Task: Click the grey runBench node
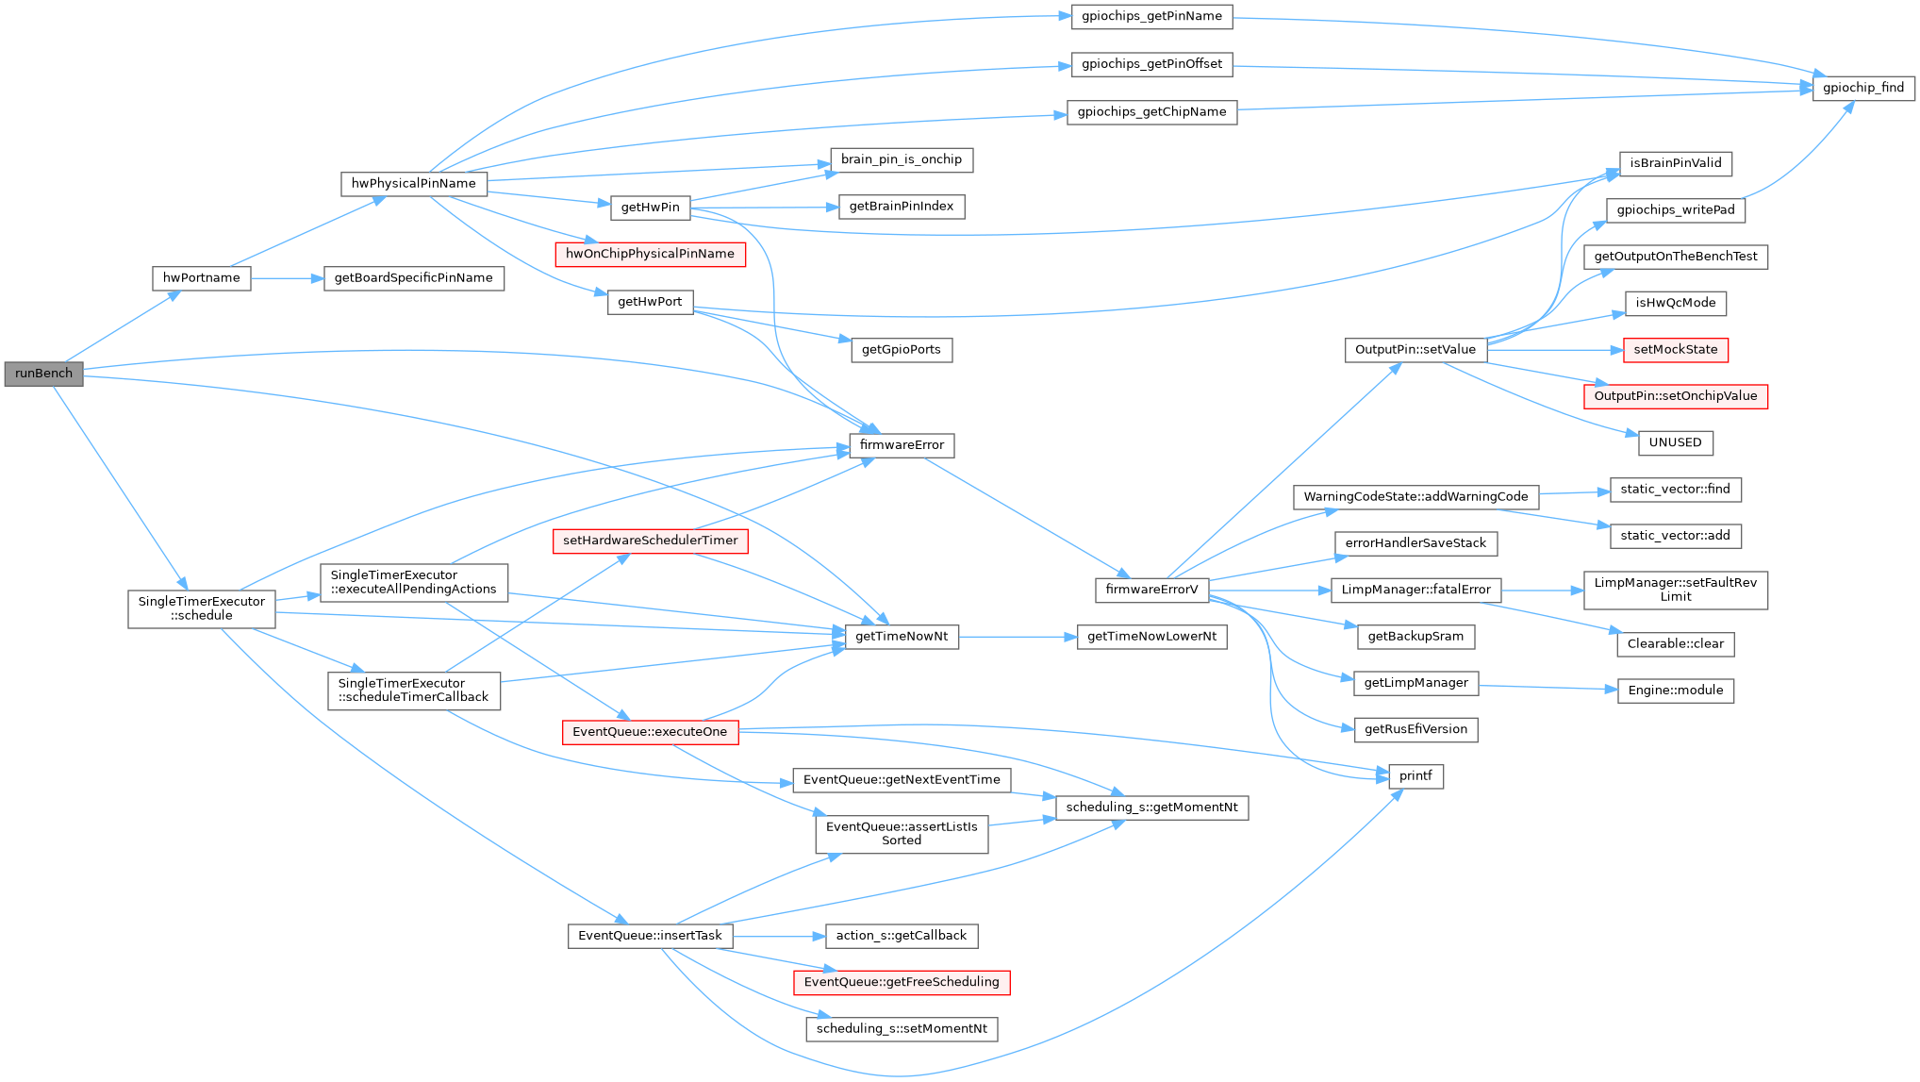pos(43,374)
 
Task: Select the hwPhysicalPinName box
pos(413,184)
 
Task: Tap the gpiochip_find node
pos(1862,88)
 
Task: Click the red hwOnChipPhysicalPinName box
pos(650,254)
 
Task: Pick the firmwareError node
pos(902,445)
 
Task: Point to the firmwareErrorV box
pos(1151,590)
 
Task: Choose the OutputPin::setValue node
pos(1415,350)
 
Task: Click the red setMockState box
pos(1675,350)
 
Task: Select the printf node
pos(1415,776)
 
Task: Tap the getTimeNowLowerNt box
pos(1151,637)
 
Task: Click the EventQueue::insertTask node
pos(650,936)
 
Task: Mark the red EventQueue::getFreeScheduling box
pos(902,982)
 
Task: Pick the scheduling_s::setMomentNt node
pos(902,1029)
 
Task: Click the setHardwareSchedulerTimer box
pos(650,541)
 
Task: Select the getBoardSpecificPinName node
pos(413,278)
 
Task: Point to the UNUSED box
pos(1675,442)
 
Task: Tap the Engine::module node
pos(1675,691)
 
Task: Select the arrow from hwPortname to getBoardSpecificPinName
pos(287,278)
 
